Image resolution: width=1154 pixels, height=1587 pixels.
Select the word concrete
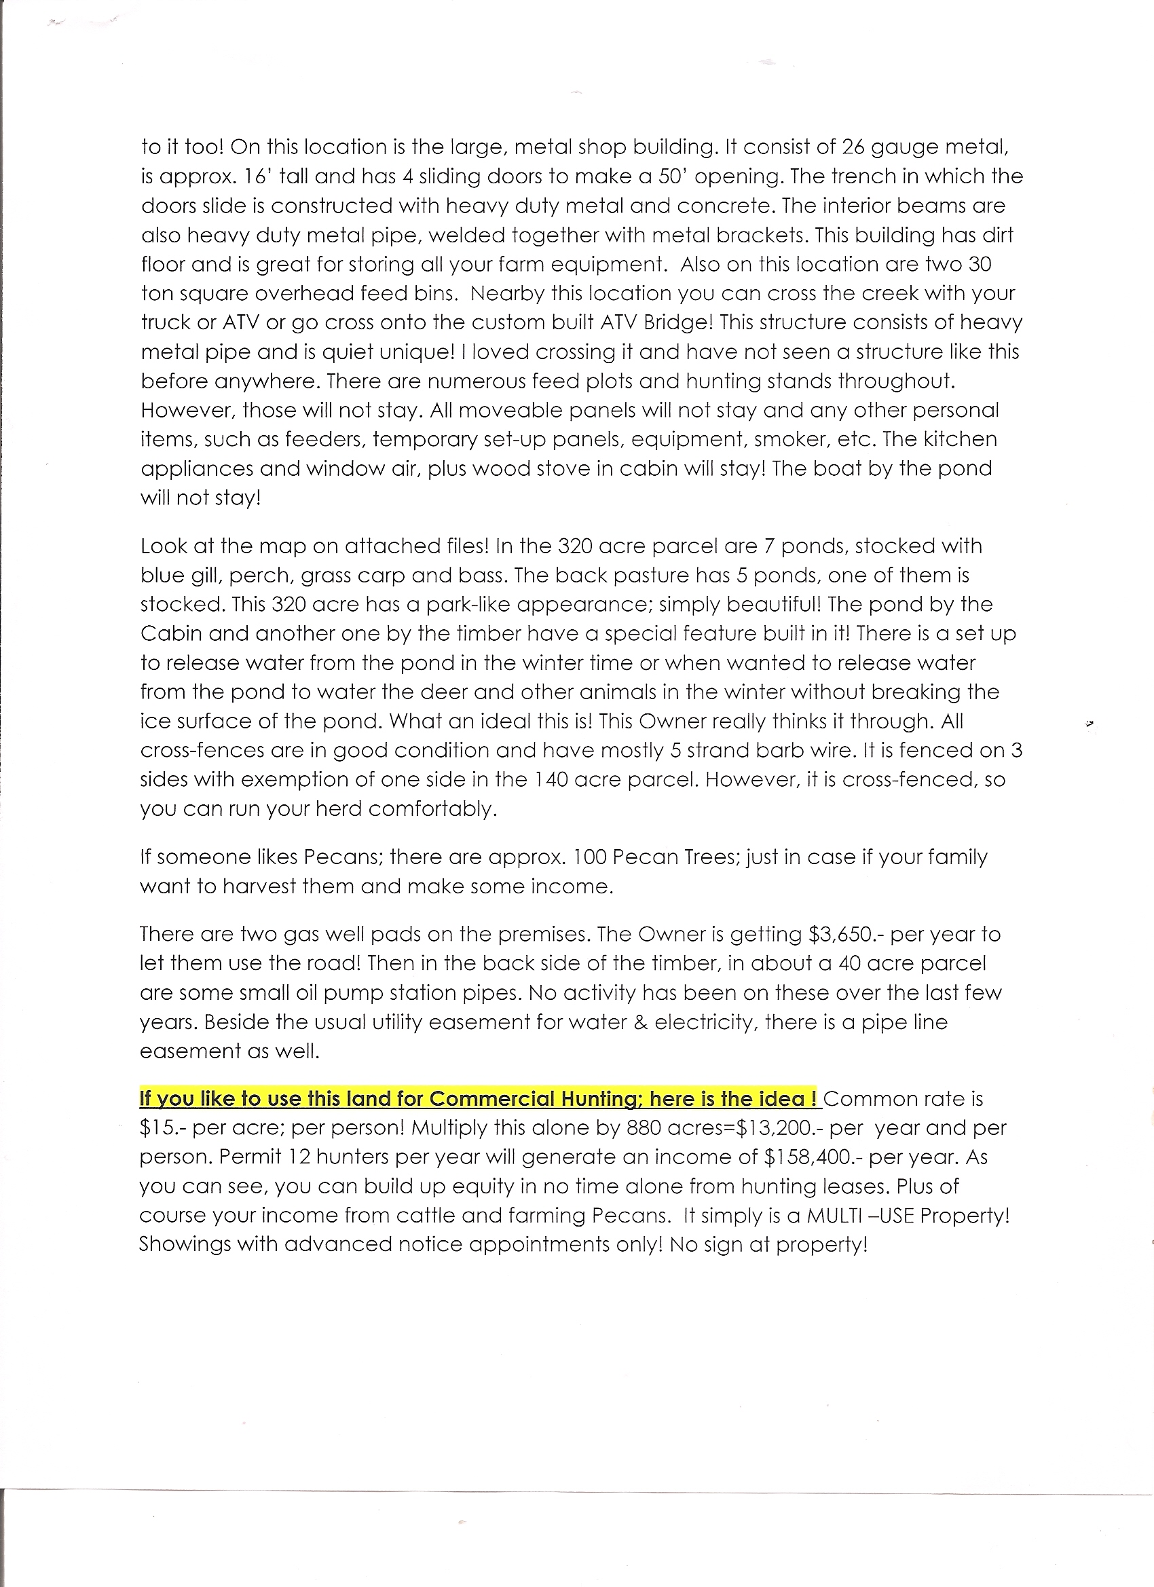click(x=729, y=206)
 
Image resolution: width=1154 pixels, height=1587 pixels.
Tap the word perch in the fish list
click(x=253, y=576)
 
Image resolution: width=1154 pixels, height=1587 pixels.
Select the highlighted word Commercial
click(x=489, y=1099)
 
